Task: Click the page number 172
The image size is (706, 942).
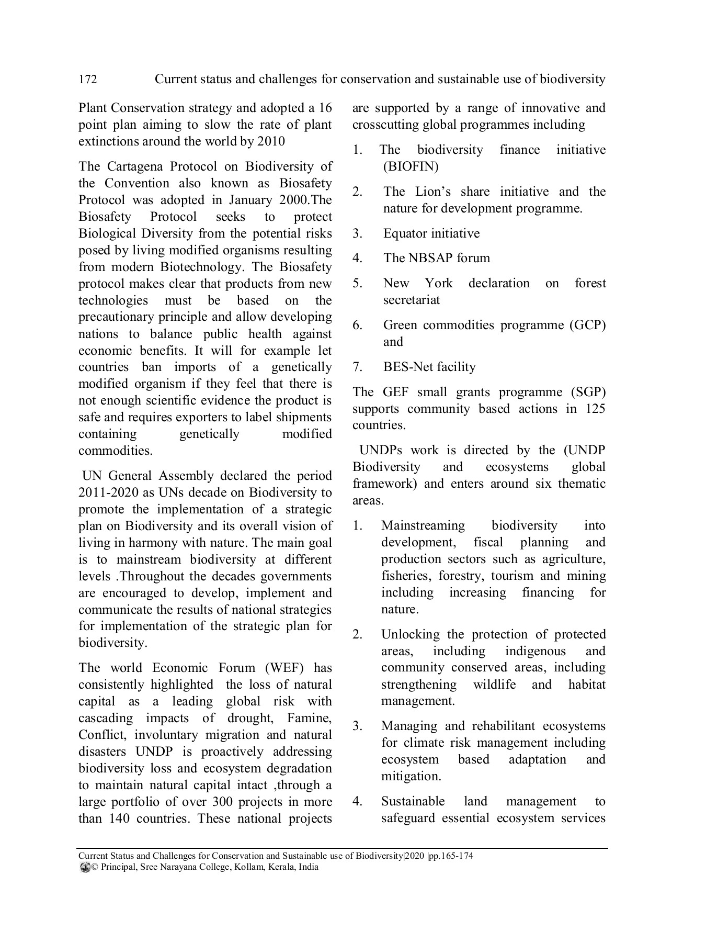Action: (x=87, y=80)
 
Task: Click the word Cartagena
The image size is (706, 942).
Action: (x=137, y=166)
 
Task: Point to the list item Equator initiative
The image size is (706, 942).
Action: (x=431, y=233)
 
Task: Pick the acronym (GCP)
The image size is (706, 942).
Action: (x=587, y=325)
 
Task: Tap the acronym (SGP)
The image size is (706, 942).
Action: (x=587, y=392)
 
